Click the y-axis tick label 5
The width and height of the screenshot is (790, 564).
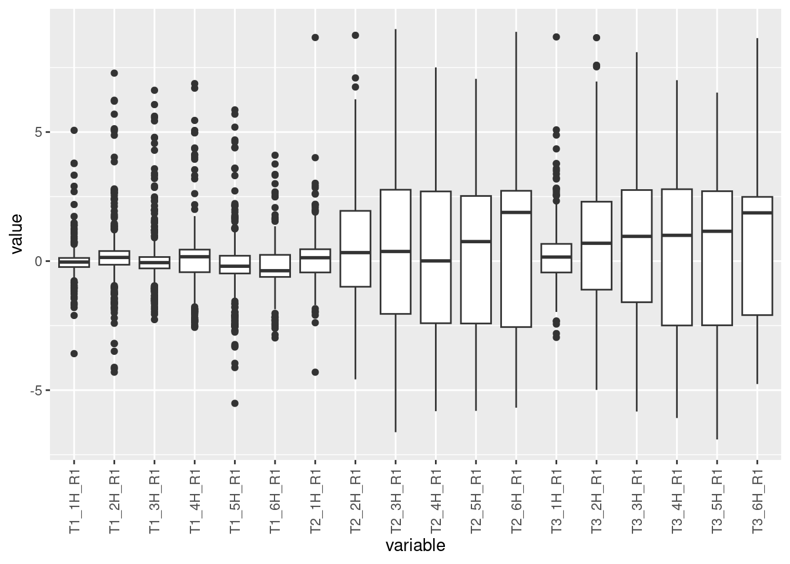point(39,132)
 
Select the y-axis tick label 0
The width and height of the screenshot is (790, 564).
point(39,261)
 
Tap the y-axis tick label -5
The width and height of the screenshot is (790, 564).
point(36,391)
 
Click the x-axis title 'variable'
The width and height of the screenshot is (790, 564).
point(415,546)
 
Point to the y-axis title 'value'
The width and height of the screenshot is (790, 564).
point(16,234)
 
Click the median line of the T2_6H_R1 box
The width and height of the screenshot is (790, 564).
point(516,212)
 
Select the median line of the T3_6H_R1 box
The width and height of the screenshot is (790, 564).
point(757,213)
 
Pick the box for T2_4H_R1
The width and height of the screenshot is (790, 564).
point(436,257)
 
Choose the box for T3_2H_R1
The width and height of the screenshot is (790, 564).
point(597,246)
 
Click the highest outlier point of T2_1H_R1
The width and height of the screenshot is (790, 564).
point(315,38)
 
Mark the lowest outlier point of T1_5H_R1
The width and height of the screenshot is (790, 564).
point(235,403)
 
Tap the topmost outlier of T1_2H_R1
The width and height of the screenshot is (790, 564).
point(115,73)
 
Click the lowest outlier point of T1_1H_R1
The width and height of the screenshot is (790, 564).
point(75,354)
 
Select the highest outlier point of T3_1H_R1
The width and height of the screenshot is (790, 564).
point(556,37)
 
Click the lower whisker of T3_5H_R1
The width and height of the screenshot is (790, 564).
point(717,382)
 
